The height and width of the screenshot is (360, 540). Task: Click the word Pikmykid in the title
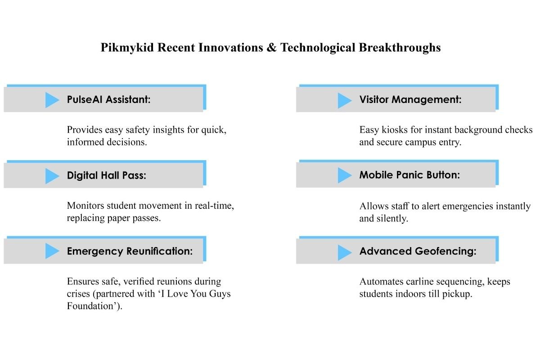127,48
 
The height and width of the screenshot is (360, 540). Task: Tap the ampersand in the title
271,47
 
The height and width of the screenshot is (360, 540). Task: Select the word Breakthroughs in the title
400,48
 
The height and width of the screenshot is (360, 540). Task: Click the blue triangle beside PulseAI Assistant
52,100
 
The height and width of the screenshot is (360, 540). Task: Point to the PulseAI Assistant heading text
109,99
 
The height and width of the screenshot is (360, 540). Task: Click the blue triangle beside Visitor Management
345,100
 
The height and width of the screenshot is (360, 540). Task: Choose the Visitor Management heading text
410,99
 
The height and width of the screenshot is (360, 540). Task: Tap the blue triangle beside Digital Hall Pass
52,176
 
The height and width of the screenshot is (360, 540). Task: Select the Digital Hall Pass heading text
107,175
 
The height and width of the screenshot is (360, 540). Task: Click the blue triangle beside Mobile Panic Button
345,175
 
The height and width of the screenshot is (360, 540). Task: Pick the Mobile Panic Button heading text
409,175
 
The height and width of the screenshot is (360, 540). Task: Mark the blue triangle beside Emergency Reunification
52,251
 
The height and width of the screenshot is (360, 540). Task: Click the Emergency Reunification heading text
130,251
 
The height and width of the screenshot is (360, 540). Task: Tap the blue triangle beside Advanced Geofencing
345,252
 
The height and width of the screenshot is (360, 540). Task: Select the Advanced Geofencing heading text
418,251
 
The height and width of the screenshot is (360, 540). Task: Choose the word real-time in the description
214,206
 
